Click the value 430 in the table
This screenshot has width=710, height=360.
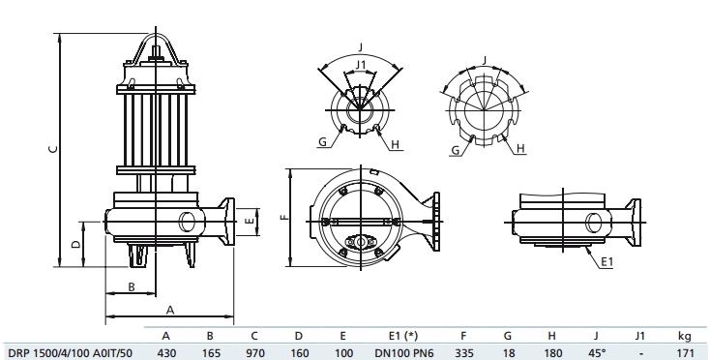pos(165,351)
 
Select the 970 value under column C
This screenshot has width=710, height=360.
pos(254,351)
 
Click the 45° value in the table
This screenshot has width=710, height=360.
pos(596,351)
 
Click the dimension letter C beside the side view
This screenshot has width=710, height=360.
pos(54,148)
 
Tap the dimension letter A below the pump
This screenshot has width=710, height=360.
pos(169,310)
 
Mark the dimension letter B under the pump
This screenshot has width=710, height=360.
pos(131,285)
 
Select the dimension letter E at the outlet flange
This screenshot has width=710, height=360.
pos(250,222)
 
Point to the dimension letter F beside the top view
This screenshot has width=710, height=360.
pos(283,218)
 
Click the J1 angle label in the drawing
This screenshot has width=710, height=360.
pos(361,66)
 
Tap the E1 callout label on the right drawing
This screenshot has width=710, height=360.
pos(606,262)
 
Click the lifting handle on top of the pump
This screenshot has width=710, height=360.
pos(156,46)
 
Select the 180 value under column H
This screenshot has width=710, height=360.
pos(551,351)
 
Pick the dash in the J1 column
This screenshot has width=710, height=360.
pos(639,351)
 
